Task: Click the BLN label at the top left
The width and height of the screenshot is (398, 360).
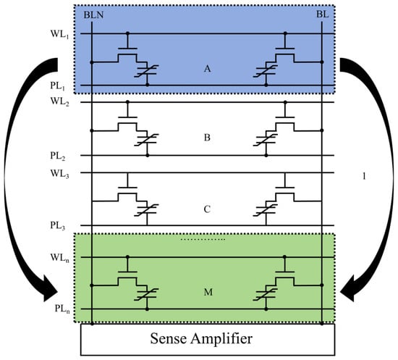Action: point(93,15)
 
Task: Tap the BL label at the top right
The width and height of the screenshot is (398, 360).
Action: point(322,14)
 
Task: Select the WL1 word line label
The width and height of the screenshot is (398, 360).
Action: point(60,34)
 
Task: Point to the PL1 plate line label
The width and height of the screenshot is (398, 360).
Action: point(58,86)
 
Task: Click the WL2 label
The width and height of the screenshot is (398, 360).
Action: point(60,102)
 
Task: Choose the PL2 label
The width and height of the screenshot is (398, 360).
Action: point(58,156)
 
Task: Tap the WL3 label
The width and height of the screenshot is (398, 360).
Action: point(60,174)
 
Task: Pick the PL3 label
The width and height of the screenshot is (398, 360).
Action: point(58,225)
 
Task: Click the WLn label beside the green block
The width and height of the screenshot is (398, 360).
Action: point(60,258)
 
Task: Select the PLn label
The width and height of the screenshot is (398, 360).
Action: point(62,309)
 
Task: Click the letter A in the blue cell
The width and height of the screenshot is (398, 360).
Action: point(208,69)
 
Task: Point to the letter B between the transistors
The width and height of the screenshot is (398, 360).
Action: point(207,138)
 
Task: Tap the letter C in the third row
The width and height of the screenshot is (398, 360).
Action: point(207,209)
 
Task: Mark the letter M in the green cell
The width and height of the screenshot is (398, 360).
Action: point(208,292)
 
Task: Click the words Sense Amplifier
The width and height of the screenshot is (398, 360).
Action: point(201,339)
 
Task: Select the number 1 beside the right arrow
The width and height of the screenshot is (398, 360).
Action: point(364,176)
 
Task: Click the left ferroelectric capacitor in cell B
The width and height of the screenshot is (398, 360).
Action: point(147,139)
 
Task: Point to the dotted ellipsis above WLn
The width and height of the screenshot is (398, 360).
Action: point(203,239)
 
